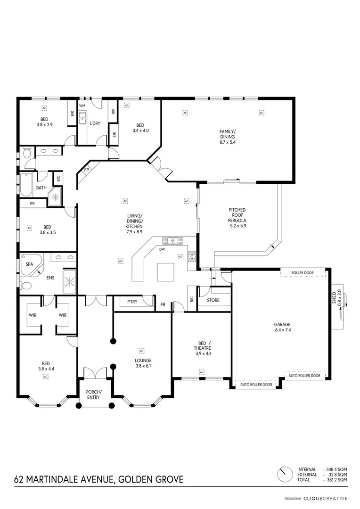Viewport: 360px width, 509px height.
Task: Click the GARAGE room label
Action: tap(282, 324)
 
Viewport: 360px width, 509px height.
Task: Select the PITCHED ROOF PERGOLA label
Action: tap(237, 218)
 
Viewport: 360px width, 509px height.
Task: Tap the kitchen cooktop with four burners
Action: tap(192, 256)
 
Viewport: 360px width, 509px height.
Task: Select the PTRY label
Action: tap(132, 302)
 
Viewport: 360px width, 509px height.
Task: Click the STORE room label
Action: tap(213, 300)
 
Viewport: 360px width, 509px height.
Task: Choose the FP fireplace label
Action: tap(87, 170)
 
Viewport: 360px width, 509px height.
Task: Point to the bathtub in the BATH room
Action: tap(25, 184)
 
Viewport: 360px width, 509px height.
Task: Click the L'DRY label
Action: tap(95, 123)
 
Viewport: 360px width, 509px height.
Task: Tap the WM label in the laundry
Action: tap(82, 105)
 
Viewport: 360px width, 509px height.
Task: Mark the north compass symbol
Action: tap(284, 475)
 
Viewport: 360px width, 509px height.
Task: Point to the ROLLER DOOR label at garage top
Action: tap(302, 272)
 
